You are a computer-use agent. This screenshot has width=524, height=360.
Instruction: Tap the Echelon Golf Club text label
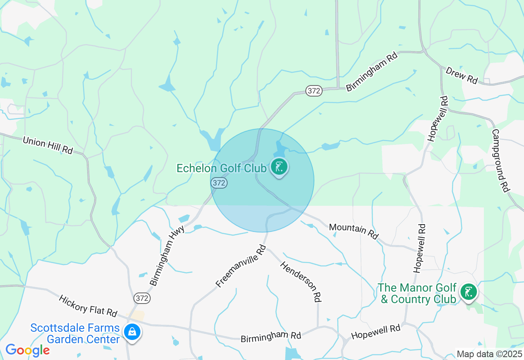[x=221, y=168]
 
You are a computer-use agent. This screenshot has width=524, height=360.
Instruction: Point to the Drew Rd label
[x=461, y=75]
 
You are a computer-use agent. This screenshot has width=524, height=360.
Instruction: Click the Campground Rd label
[x=500, y=160]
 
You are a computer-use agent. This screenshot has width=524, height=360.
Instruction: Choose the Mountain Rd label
[x=354, y=231]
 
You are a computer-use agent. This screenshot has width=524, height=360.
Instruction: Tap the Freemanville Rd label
[x=241, y=266]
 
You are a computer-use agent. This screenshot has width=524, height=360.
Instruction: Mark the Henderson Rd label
[x=300, y=281]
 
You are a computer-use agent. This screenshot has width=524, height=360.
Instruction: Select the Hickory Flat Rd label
[x=88, y=306]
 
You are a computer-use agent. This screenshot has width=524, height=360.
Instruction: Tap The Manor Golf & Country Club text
[x=417, y=294]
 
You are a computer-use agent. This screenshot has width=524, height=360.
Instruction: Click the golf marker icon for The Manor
[x=468, y=292]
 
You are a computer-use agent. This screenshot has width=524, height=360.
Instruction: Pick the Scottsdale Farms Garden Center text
[x=75, y=333]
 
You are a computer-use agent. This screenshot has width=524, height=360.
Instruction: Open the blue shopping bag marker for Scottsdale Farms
[x=132, y=332]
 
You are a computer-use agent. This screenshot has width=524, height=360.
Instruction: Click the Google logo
[x=27, y=350]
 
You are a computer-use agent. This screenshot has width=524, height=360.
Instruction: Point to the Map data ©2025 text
[x=489, y=354]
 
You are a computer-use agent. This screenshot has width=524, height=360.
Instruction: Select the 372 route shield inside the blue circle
[x=219, y=183]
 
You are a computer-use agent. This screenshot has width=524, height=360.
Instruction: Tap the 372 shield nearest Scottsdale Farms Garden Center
[x=142, y=298]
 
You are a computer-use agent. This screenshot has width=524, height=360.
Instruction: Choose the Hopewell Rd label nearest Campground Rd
[x=437, y=119]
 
